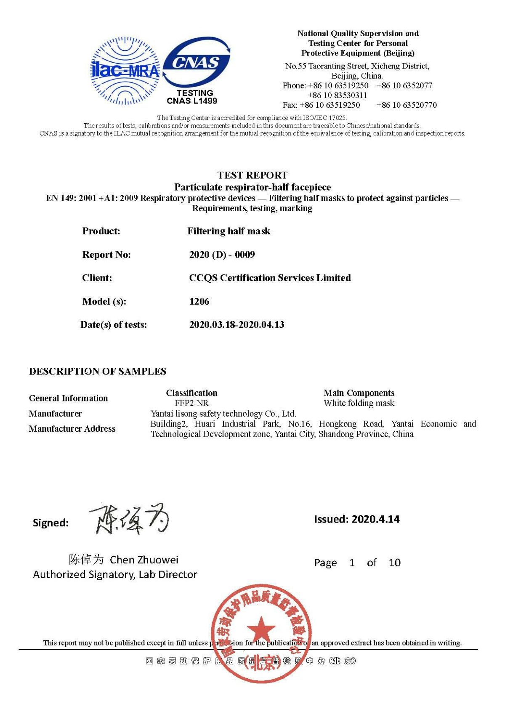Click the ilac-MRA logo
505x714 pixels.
(x=125, y=71)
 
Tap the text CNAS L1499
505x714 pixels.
(x=192, y=101)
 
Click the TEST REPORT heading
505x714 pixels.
(x=252, y=175)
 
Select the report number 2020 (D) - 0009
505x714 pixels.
(x=222, y=255)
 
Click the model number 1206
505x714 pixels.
(x=199, y=301)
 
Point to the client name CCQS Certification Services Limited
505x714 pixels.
(x=270, y=278)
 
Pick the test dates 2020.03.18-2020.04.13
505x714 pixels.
(x=237, y=324)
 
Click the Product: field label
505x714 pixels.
(x=101, y=231)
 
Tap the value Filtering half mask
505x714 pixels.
(x=229, y=231)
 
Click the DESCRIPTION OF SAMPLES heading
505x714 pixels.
(x=98, y=371)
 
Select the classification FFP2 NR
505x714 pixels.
(x=191, y=403)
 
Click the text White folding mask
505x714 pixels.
(x=359, y=403)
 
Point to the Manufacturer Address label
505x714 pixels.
(x=72, y=429)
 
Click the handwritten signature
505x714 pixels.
(x=129, y=519)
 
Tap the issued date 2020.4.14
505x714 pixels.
(x=375, y=519)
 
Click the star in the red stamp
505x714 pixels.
(x=261, y=630)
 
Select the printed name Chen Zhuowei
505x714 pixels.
(x=144, y=560)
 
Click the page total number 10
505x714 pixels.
(x=394, y=563)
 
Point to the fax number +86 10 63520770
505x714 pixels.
(x=407, y=105)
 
